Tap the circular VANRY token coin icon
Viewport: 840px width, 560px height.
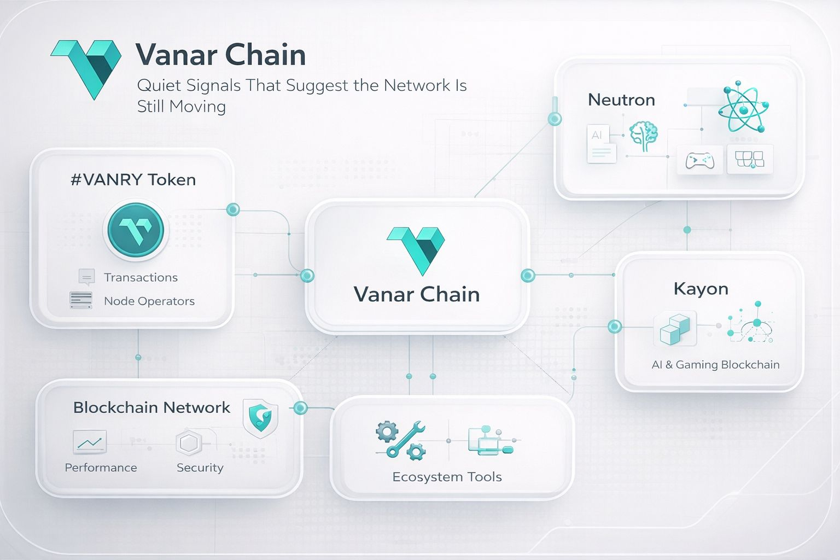tap(136, 230)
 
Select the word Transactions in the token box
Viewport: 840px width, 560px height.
tap(141, 277)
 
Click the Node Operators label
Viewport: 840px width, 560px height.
tap(149, 301)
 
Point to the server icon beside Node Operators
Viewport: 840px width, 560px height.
tap(81, 300)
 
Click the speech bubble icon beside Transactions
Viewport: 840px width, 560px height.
tap(86, 277)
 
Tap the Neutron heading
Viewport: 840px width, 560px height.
tap(621, 100)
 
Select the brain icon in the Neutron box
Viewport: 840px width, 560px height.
tap(644, 136)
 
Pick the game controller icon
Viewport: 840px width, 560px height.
tap(699, 160)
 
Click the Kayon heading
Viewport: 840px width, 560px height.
tap(701, 288)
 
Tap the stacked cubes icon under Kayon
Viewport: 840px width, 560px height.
tap(675, 328)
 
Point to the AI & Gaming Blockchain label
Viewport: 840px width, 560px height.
tap(715, 364)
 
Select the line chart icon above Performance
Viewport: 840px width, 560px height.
tap(89, 442)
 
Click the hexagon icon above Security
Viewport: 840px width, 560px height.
tap(189, 443)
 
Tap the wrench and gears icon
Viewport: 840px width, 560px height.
tap(401, 439)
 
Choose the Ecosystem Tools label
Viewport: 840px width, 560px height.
tap(447, 476)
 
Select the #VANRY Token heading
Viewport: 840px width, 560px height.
tap(133, 179)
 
